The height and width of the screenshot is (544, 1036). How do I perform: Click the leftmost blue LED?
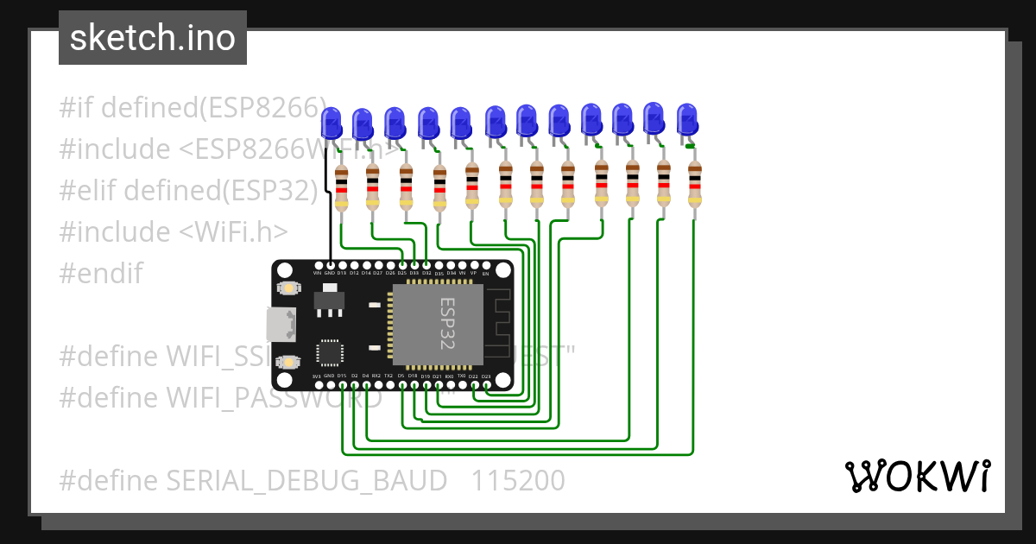coord(331,123)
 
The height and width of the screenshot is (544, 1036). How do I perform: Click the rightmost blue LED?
coord(686,119)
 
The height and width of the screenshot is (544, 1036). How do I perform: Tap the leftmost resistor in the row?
coord(342,187)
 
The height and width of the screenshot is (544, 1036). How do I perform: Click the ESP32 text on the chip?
coord(446,323)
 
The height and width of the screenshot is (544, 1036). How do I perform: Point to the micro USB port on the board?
coord(281,324)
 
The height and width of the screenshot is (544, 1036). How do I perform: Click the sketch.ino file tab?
coord(153,38)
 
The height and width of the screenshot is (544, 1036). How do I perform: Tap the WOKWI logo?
coord(917,476)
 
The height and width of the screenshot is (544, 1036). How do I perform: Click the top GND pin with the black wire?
coord(331,265)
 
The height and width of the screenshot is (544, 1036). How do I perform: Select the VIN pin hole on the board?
coord(318,265)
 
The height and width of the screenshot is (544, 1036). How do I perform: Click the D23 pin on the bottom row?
coord(486,384)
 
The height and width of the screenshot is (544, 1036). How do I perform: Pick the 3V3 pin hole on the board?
coord(318,384)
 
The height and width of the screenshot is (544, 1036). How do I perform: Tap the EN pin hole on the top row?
coord(485,265)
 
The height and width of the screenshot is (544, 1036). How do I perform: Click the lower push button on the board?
coord(287,362)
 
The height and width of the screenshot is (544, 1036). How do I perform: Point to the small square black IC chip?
coord(329,352)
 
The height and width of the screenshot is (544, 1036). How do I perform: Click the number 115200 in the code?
coord(518,480)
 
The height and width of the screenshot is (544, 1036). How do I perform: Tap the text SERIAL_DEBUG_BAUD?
coord(299,480)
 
